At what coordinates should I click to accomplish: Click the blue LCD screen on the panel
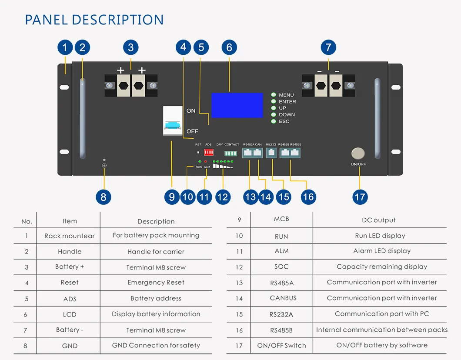[x=237, y=105]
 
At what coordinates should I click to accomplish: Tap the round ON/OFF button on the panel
[x=358, y=153]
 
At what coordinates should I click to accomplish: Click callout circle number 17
[x=360, y=197]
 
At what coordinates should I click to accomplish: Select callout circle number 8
[x=104, y=197]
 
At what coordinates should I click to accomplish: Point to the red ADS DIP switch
[x=208, y=152]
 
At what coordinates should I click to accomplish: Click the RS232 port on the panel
[x=271, y=153]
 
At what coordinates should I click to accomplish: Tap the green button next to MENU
[x=274, y=95]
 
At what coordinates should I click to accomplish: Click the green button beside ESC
[x=274, y=121]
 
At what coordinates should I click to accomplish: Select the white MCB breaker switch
[x=173, y=121]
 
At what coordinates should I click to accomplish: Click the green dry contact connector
[x=230, y=153]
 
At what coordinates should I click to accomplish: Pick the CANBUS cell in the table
[x=283, y=298]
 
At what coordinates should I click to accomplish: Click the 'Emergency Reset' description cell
[x=156, y=283]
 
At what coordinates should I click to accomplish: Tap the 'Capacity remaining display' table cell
[x=381, y=267]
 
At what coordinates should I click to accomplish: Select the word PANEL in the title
[x=46, y=20]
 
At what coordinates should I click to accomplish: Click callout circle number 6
[x=229, y=47]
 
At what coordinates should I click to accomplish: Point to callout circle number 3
[x=130, y=47]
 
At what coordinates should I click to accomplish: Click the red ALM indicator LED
[x=206, y=161]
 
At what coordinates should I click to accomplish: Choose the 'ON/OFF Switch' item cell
[x=281, y=345]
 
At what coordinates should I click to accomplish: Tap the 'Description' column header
[x=156, y=221]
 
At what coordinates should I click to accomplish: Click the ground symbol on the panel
[x=104, y=166]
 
